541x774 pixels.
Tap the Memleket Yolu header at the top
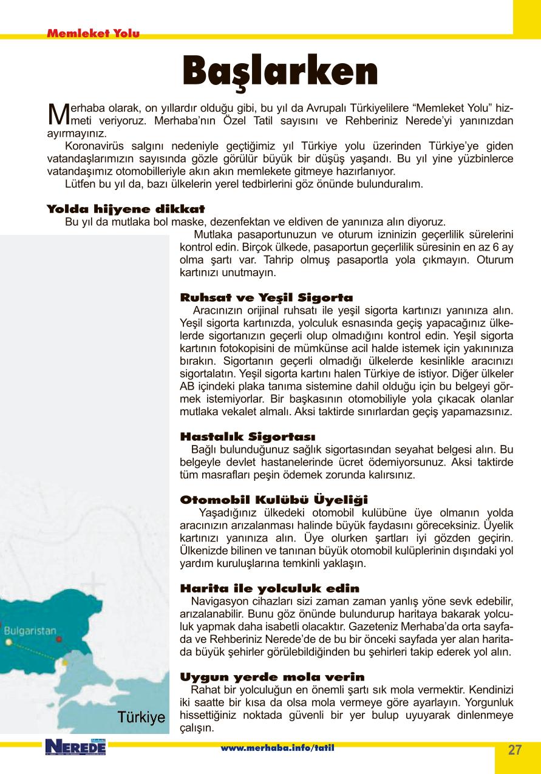[x=93, y=34]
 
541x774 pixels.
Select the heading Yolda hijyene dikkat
[x=126, y=209]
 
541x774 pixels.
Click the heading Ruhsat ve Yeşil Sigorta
[x=267, y=297]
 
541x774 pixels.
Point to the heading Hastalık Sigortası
[x=248, y=436]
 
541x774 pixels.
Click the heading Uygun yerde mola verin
[x=273, y=677]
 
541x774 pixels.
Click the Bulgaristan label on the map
[x=30, y=630]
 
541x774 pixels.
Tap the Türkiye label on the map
[x=141, y=717]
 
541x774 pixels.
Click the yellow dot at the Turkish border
[x=65, y=663]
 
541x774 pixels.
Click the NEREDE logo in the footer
[x=75, y=747]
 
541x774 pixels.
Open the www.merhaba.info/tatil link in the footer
[x=277, y=747]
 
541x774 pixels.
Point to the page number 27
[x=514, y=750]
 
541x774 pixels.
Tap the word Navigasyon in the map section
[x=217, y=602]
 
